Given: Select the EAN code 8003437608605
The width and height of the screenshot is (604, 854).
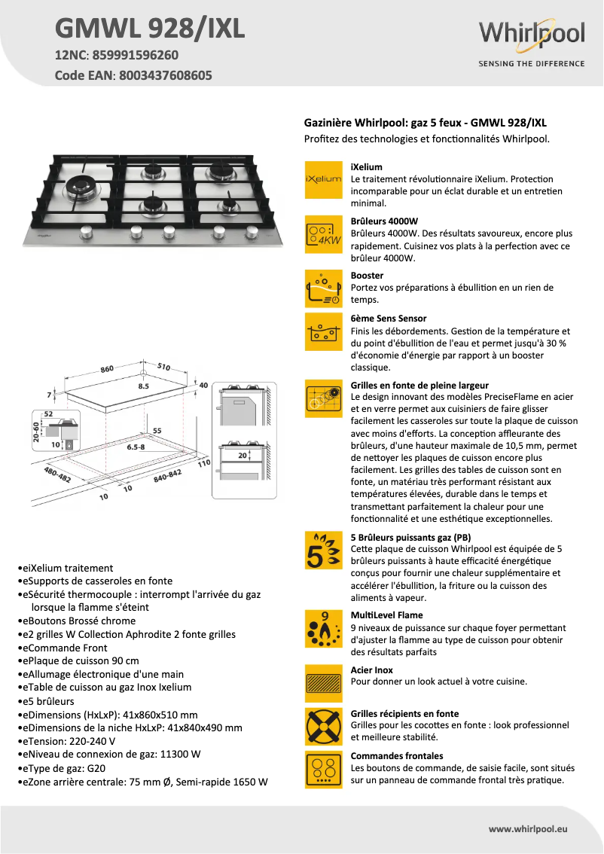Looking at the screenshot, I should [x=162, y=75].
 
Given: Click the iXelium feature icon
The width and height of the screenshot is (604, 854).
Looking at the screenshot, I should [x=323, y=179].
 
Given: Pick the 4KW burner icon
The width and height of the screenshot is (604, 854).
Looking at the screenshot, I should [x=323, y=233].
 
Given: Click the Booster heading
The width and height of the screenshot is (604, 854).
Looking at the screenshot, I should [x=367, y=276].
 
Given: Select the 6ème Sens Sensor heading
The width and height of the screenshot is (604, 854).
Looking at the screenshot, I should [x=389, y=319].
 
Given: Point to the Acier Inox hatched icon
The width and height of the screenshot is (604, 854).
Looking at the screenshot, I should [x=323, y=683].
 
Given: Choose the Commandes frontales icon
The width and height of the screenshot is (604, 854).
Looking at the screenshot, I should [x=323, y=769].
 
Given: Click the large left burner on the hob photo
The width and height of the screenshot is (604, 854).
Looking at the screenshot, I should [x=81, y=188].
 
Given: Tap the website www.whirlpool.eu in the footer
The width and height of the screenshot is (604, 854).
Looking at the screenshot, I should [x=527, y=828].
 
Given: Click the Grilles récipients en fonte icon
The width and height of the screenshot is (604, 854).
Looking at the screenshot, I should [x=323, y=726].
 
